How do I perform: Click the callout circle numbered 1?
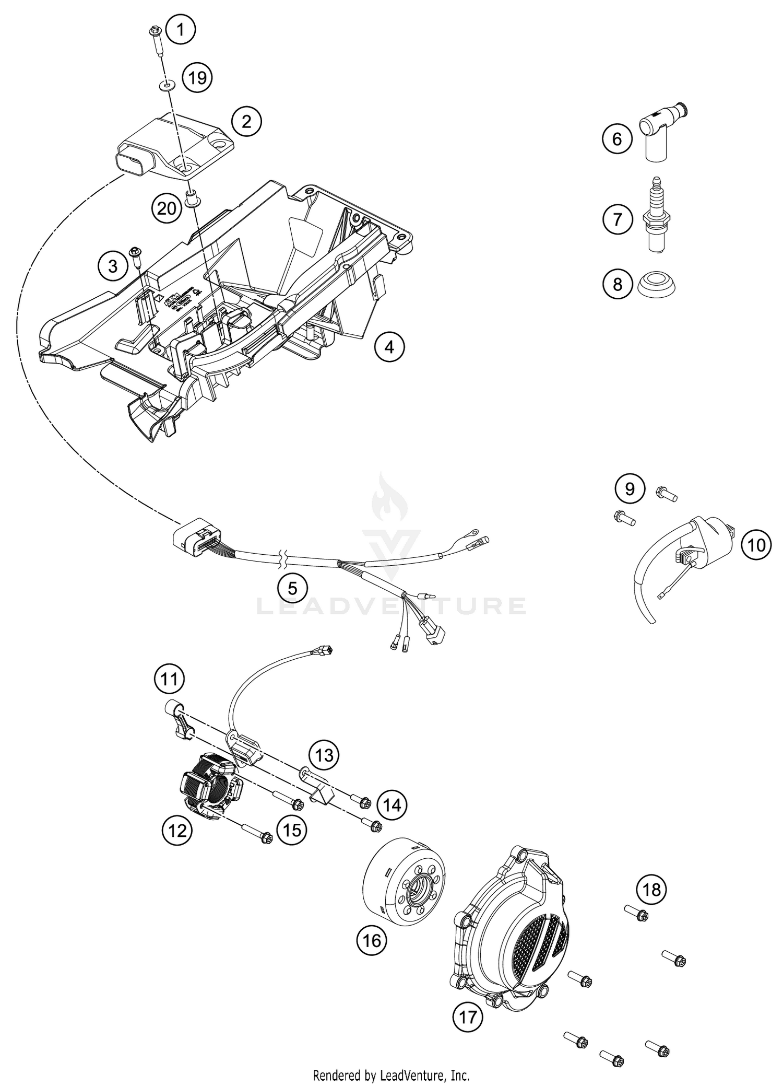coord(181,30)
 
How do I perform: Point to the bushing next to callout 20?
coord(193,200)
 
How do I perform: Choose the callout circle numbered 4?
coord(389,346)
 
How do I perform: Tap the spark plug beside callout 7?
coord(656,215)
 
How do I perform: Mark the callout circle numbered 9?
coord(630,488)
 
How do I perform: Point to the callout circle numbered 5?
coord(292,588)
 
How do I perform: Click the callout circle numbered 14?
coord(391,805)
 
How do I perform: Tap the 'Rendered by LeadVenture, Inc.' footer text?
coord(391,1075)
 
